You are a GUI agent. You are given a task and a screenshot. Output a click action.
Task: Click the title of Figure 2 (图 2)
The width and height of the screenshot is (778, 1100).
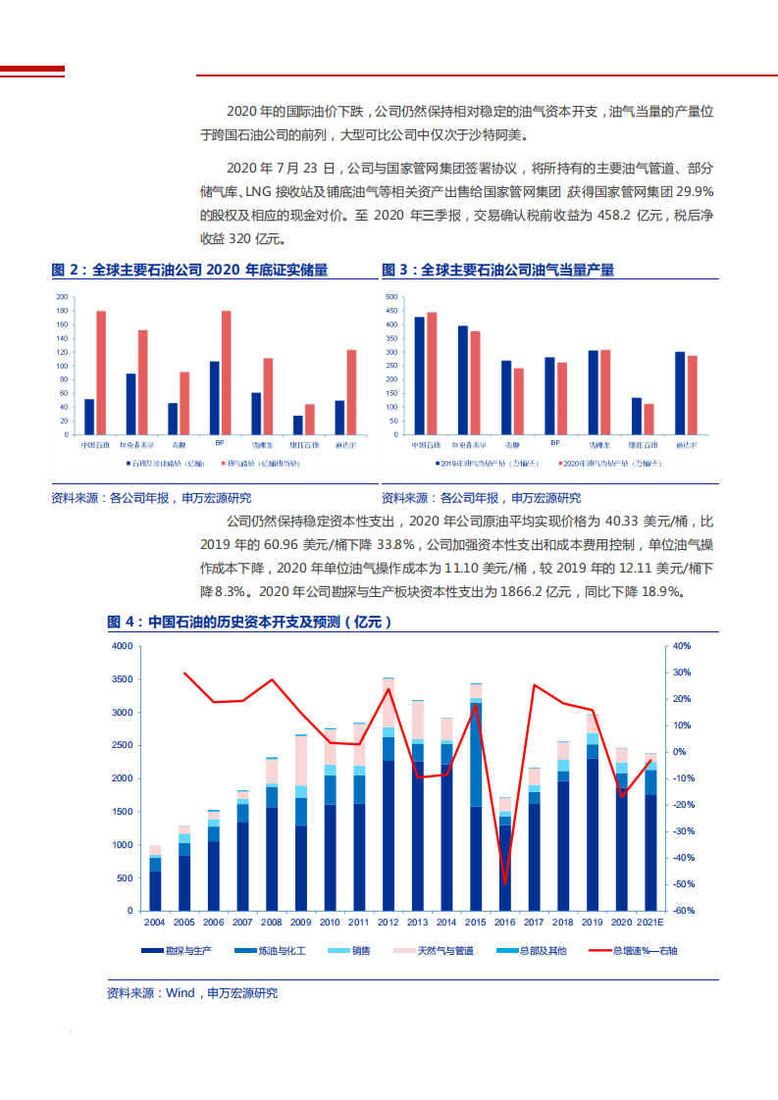[x=189, y=270]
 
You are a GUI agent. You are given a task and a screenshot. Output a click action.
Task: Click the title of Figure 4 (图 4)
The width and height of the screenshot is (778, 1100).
[x=250, y=622]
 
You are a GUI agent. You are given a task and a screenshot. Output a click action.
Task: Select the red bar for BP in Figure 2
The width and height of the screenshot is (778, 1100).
[x=227, y=373]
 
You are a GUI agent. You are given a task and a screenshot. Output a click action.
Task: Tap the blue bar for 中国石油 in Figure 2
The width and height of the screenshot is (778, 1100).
[x=89, y=417]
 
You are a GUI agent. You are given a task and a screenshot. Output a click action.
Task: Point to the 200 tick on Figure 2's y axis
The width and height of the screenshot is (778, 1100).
[x=63, y=297]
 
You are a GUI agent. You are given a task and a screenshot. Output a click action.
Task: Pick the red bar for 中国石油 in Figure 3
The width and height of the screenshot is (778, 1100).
[x=432, y=374]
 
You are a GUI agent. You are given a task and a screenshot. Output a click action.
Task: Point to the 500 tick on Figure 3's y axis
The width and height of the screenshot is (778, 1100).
[x=391, y=297]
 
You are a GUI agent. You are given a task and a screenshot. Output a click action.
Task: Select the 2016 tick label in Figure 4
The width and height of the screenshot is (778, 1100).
[x=505, y=923]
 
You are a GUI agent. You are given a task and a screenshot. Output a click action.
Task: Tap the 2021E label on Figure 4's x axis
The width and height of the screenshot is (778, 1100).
[x=650, y=923]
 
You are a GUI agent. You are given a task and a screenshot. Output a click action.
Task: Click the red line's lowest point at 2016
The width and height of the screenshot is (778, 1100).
[x=505, y=883]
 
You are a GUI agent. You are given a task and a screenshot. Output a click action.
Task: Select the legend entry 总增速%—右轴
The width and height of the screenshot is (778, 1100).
[x=628, y=951]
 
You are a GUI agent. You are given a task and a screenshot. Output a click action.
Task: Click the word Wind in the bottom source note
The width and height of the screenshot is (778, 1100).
[x=181, y=993]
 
